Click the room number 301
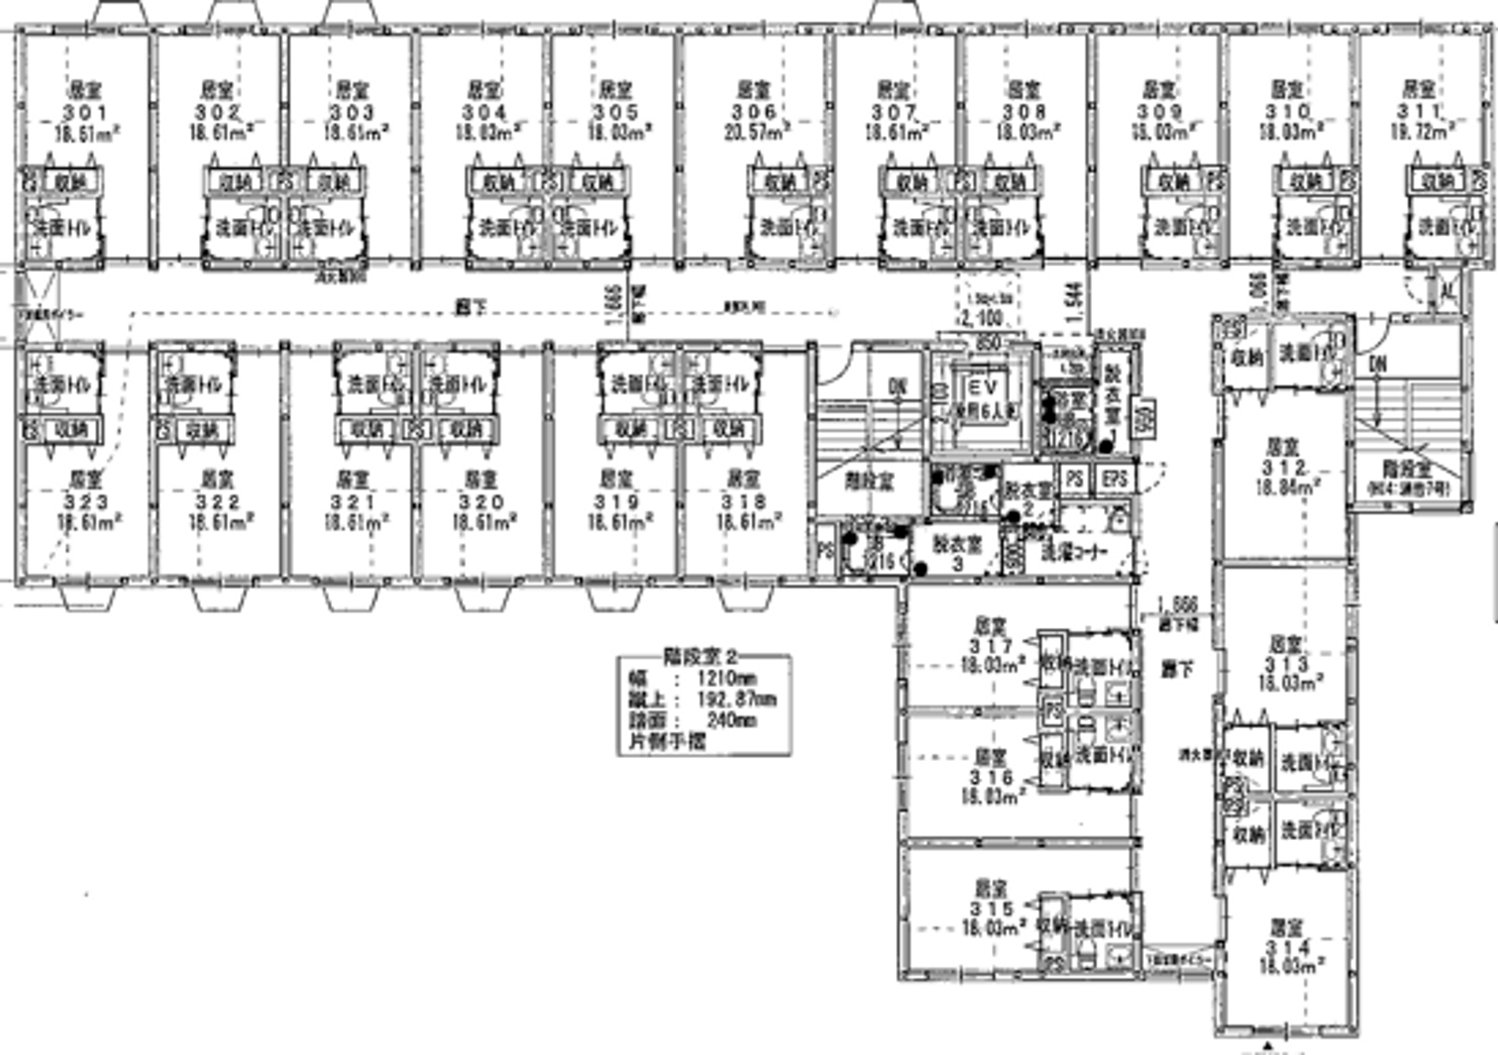click(x=86, y=113)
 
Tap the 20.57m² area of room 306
click(x=755, y=132)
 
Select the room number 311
click(x=1419, y=111)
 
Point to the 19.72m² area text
click(x=1420, y=132)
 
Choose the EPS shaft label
click(x=1115, y=480)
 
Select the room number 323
click(x=86, y=502)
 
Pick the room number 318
click(x=745, y=502)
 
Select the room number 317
click(x=991, y=646)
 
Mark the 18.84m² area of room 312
click(x=1288, y=486)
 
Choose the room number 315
click(x=991, y=909)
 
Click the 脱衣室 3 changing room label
click(x=958, y=553)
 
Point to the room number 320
click(x=482, y=502)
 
